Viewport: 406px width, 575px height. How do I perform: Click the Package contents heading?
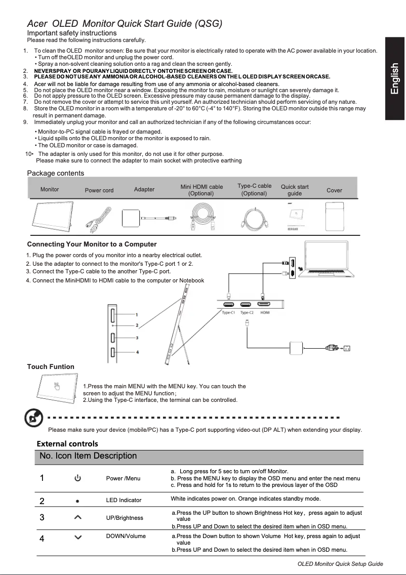55,173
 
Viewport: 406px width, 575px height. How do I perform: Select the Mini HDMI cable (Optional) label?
201,190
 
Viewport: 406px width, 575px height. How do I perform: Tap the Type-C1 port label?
229,313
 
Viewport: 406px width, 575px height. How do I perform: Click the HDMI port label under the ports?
265,313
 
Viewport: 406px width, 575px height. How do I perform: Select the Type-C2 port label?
247,313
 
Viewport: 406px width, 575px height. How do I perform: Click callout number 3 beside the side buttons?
137,338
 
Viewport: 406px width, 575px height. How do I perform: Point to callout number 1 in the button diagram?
137,314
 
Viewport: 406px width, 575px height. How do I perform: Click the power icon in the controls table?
77,478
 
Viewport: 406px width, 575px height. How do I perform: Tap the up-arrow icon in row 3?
77,517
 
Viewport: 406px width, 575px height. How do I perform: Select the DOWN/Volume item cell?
126,536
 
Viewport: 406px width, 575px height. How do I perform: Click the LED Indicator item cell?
124,500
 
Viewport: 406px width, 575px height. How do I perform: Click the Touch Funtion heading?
51,366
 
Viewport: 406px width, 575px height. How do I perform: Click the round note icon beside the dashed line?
33,419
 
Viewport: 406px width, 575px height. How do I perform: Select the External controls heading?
68,443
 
